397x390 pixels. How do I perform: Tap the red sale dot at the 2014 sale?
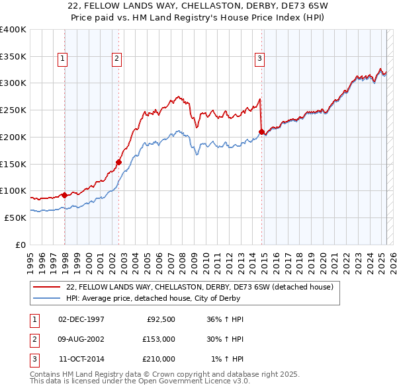coord(261,132)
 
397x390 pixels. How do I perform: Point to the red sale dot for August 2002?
coord(119,161)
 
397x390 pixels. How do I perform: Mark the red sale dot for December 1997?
coord(64,194)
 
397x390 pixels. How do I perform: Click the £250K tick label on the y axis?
coord(13,110)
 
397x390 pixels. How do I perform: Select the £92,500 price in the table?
coord(159,319)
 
